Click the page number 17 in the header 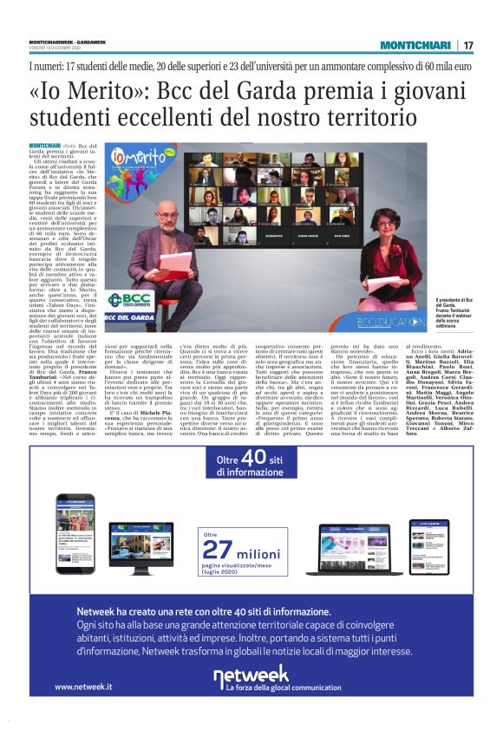point(468,46)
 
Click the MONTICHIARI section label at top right point(415,46)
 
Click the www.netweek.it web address point(84,687)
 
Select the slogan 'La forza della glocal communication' point(284,687)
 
